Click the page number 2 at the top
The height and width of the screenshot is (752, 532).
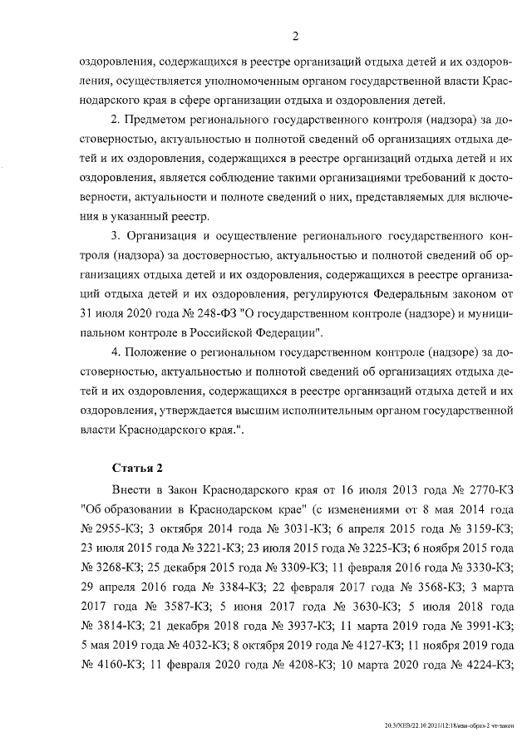click(294, 36)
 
